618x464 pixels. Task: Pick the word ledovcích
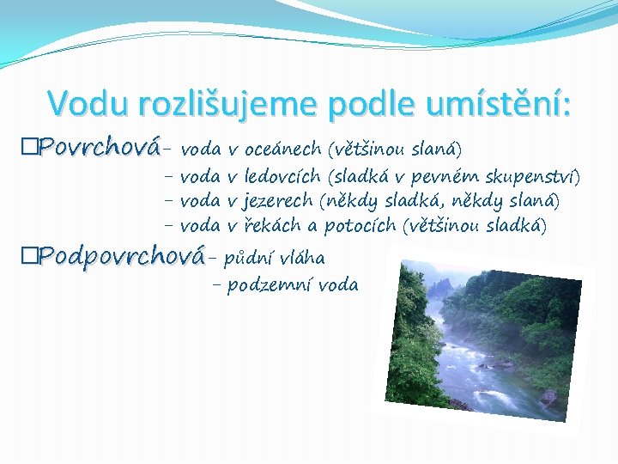coord(282,177)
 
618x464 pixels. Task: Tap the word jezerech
coord(278,201)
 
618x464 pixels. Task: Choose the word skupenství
coord(532,177)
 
